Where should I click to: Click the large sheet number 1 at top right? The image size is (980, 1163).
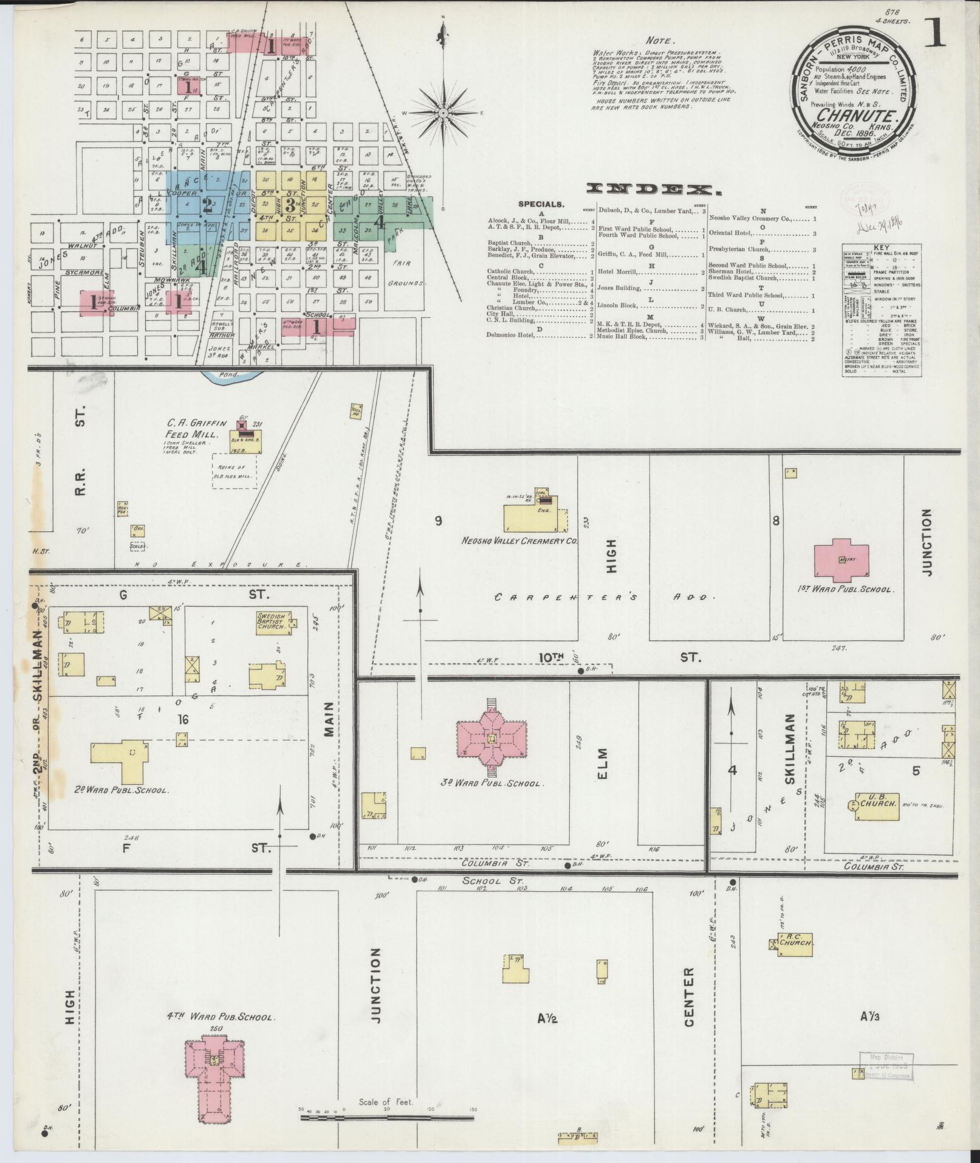(x=935, y=31)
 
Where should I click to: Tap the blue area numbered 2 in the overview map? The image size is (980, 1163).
(x=207, y=205)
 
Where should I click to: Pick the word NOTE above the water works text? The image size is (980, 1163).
(x=659, y=41)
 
